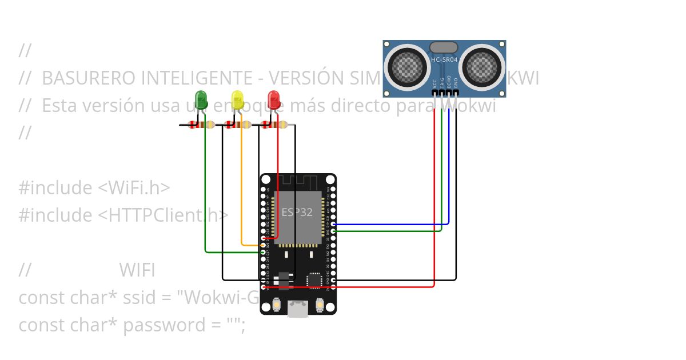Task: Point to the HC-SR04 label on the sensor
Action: pos(444,60)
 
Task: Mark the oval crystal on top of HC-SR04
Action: pos(444,47)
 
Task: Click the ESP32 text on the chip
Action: pos(297,212)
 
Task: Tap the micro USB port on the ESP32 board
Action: pos(298,309)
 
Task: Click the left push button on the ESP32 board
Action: pos(277,306)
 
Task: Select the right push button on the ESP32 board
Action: pos(320,306)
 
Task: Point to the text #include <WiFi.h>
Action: pos(94,188)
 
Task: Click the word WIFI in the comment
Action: pos(137,270)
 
